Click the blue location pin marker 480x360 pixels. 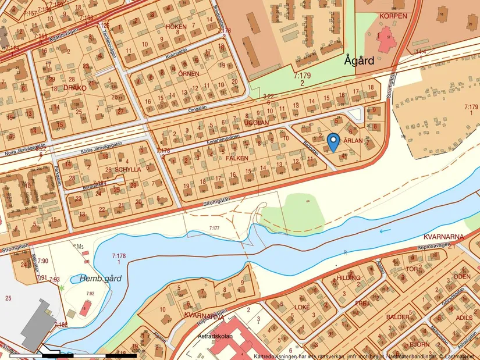[x=333, y=141]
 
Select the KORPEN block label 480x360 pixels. [x=393, y=16]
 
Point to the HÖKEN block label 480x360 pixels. [x=176, y=27]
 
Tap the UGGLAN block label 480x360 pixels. [x=257, y=123]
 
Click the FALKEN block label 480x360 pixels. [x=237, y=158]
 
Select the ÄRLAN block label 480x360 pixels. [x=353, y=141]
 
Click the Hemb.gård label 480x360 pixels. [x=101, y=279]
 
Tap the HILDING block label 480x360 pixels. [x=349, y=278]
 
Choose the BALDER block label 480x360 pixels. [x=397, y=318]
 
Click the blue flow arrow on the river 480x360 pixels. [x=382, y=231]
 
